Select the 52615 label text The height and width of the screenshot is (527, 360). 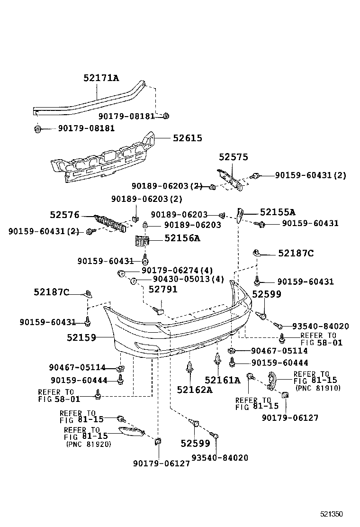[x=187, y=138]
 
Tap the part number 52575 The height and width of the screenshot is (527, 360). [x=233, y=157]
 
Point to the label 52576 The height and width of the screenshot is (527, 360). [x=64, y=215]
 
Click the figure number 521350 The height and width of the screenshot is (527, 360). [x=330, y=514]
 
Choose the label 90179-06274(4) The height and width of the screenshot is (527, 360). [x=173, y=270]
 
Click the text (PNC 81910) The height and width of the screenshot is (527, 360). [x=317, y=388]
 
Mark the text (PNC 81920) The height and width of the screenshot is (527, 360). [x=88, y=445]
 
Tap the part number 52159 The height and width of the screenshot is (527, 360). [x=81, y=337]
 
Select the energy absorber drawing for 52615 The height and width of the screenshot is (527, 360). [x=104, y=159]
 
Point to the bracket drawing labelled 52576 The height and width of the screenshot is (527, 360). [x=112, y=223]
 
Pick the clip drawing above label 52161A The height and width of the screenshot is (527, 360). [x=217, y=360]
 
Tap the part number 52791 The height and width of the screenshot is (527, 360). [x=163, y=289]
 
